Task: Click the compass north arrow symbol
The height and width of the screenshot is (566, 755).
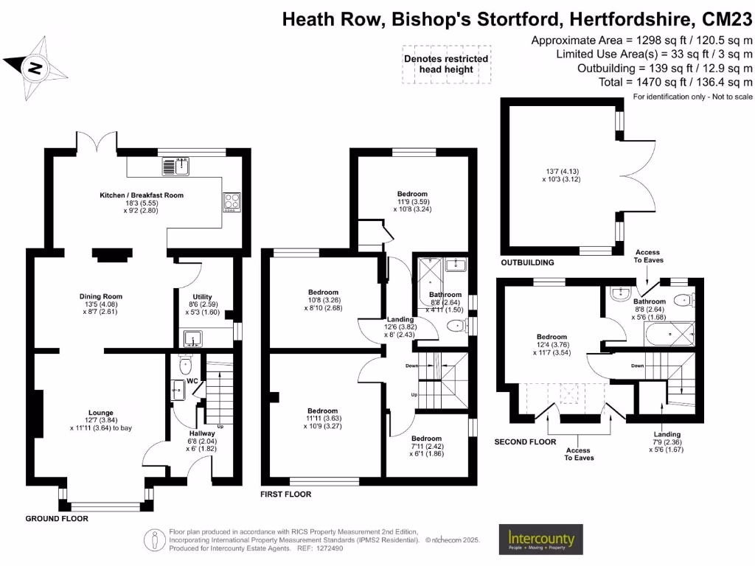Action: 35,69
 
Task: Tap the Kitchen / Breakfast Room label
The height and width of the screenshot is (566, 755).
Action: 142,195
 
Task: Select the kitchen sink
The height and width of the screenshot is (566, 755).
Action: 176,167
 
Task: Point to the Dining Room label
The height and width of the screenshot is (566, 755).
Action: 100,296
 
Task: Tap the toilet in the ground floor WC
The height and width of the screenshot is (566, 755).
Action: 185,364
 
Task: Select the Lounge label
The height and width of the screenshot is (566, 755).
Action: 100,412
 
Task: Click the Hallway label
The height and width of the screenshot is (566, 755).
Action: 202,433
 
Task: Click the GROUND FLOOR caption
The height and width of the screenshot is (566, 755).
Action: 57,519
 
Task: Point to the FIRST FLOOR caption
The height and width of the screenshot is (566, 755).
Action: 286,494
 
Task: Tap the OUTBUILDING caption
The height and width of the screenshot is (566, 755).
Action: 527,262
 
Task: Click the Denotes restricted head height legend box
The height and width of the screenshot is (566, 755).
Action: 445,64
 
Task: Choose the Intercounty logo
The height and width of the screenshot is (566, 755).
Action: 540,540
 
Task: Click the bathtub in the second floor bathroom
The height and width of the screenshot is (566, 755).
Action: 670,336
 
